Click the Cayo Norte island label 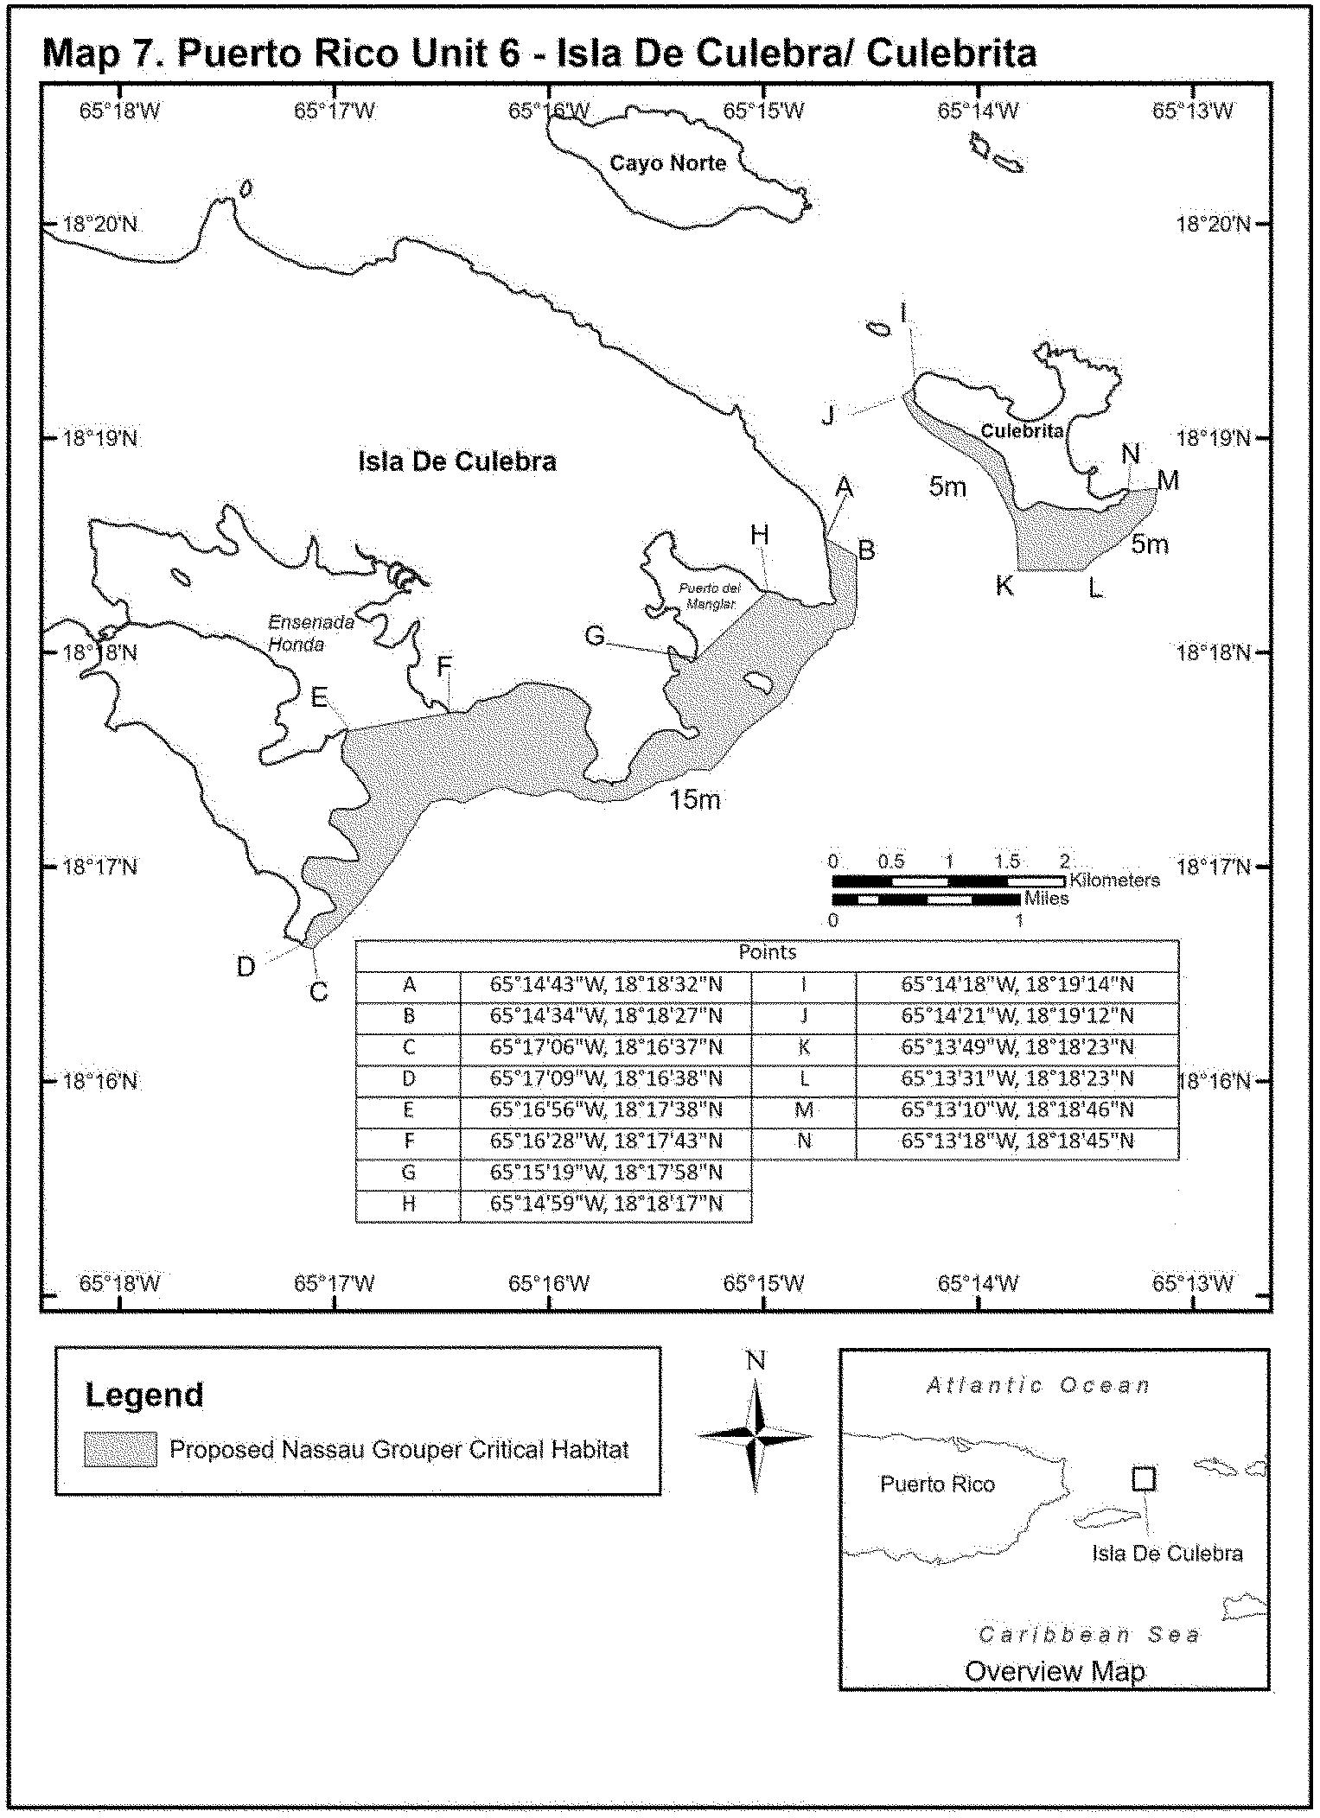(x=667, y=163)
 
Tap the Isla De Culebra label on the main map (x=456, y=462)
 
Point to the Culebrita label (x=1021, y=431)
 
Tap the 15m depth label (x=694, y=800)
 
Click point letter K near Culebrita (x=1004, y=586)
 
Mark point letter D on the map (x=246, y=967)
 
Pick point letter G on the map (x=595, y=636)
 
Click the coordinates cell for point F (x=605, y=1141)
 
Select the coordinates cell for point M (x=1017, y=1109)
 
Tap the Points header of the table (x=767, y=952)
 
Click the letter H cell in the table (x=409, y=1204)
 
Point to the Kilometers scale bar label (x=1114, y=880)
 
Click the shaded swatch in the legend (x=120, y=1449)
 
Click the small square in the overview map (x=1143, y=1478)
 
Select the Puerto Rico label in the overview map (x=937, y=1484)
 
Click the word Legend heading (x=144, y=1395)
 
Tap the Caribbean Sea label (x=1089, y=1634)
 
